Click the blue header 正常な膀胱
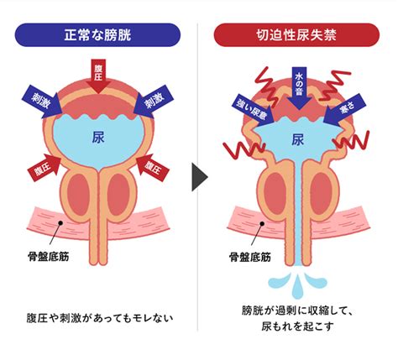[97, 35]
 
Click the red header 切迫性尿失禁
[296, 35]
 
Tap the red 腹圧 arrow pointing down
[98, 76]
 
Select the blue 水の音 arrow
[299, 88]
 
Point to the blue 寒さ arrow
[345, 110]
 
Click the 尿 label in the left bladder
[98, 138]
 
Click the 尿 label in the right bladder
[297, 139]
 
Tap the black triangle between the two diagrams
[200, 177]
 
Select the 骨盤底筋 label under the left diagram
[49, 257]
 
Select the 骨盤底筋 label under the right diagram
[250, 257]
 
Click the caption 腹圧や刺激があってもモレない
[100, 318]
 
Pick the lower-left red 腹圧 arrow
[45, 168]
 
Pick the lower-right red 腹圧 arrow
[153, 168]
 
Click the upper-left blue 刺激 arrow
[42, 102]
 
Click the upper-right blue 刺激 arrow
[154, 102]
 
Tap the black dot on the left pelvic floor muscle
[60, 223]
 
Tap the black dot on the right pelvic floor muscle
[262, 223]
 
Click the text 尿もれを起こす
[298, 326]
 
